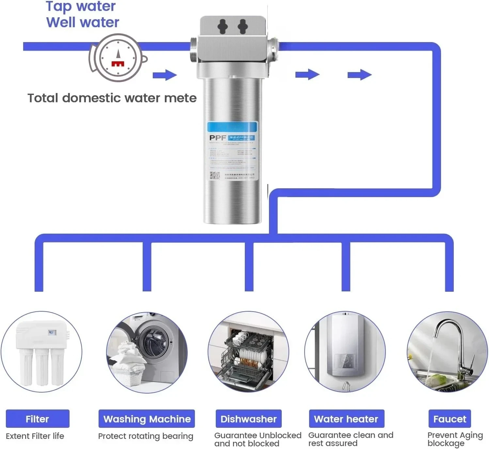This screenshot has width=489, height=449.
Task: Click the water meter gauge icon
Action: tap(118, 58)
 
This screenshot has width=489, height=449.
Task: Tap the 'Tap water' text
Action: tap(81, 6)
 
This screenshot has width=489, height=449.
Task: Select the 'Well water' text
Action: tap(83, 22)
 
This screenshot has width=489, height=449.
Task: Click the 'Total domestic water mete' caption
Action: tap(112, 98)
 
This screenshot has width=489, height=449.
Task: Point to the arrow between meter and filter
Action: tap(165, 75)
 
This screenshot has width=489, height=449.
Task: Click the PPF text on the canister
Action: tap(217, 138)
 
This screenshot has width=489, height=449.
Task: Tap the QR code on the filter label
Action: tap(214, 175)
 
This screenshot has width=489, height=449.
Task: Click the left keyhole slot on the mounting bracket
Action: tap(223, 26)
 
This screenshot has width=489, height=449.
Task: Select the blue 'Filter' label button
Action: tap(38, 419)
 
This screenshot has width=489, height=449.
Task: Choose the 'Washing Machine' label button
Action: tap(147, 419)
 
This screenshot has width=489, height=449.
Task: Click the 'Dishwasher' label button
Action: tap(248, 419)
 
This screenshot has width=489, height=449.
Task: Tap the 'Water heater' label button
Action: tap(346, 419)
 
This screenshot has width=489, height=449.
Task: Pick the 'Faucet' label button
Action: tap(450, 419)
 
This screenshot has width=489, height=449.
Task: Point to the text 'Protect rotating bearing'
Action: tap(146, 436)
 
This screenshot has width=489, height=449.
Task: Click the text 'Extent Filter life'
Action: tap(35, 436)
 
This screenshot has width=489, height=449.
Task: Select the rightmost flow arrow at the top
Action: tap(359, 75)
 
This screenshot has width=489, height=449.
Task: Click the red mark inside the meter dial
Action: tap(118, 63)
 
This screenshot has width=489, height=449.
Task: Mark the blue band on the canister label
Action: tap(232, 127)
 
